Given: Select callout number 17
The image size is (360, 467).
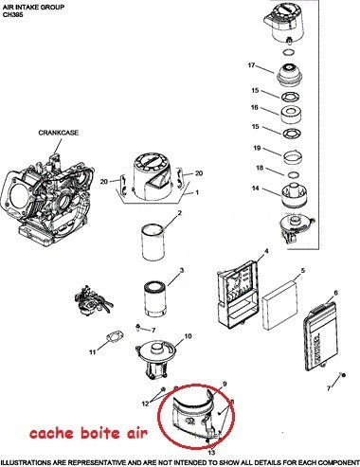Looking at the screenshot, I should tap(252, 65).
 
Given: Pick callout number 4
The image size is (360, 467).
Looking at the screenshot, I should tap(266, 251).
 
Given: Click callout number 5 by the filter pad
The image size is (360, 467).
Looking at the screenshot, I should tap(302, 272).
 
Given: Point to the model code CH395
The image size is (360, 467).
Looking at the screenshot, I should tap(14, 15).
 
